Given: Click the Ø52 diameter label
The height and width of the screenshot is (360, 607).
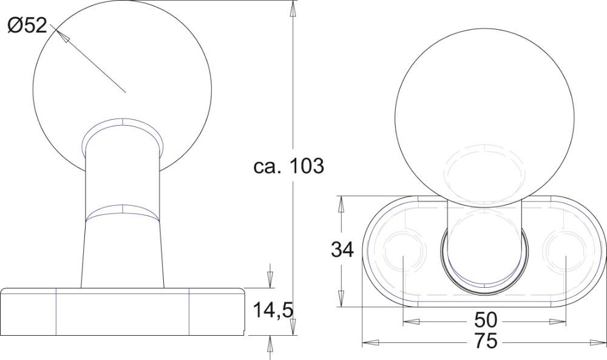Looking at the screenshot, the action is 27,26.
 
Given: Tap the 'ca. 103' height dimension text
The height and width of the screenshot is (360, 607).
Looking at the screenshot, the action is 288,166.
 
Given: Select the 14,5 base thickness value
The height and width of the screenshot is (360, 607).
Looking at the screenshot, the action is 273,310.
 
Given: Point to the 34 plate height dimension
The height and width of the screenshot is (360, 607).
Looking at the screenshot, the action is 342,250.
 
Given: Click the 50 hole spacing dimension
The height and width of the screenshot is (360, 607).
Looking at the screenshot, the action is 486,320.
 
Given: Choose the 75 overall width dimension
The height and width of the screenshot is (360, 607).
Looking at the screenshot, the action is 486,341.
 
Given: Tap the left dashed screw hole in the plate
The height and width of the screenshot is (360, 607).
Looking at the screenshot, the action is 404,250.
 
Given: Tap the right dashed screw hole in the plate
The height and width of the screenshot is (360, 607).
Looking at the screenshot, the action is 566,250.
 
